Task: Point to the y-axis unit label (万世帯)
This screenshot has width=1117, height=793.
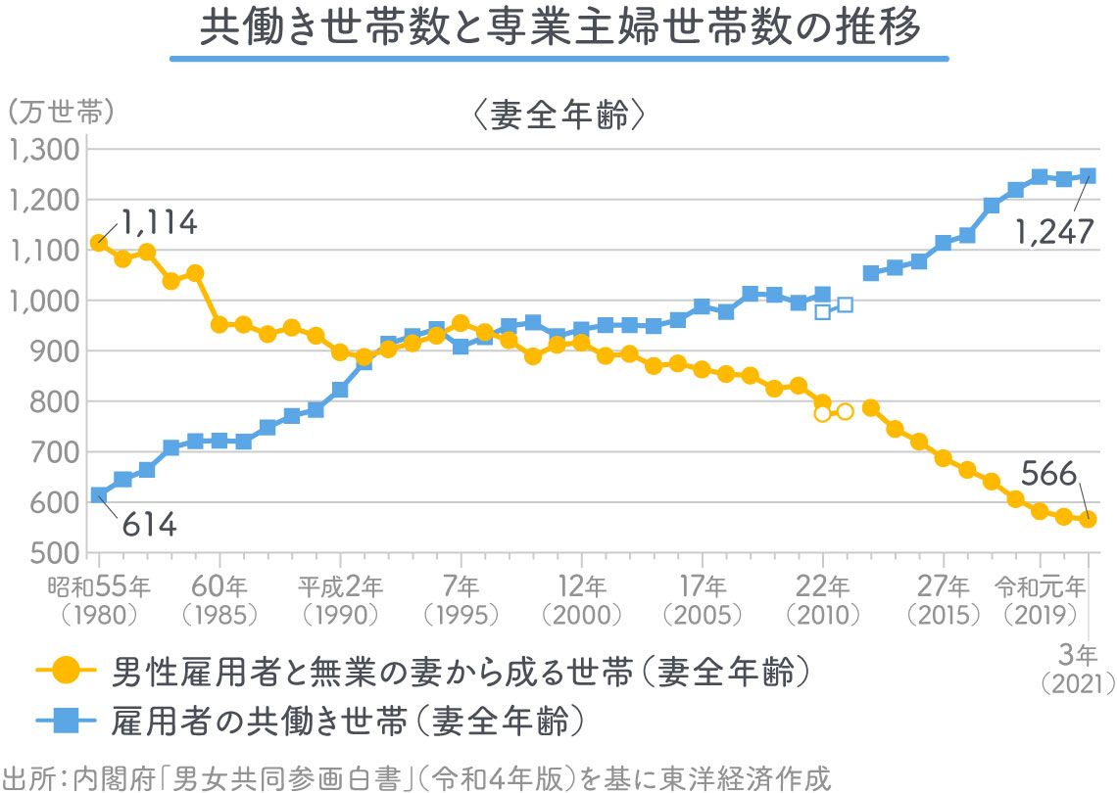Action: pyautogui.click(x=61, y=112)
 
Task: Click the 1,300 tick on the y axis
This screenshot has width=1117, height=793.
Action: pyautogui.click(x=43, y=150)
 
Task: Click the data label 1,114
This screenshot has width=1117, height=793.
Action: pyautogui.click(x=158, y=223)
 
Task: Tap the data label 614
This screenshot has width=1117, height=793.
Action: pyautogui.click(x=149, y=526)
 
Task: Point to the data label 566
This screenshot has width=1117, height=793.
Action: pyautogui.click(x=1048, y=474)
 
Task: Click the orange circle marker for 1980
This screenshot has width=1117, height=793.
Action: pyautogui.click(x=98, y=243)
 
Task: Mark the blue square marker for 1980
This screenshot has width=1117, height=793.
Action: pyautogui.click(x=98, y=495)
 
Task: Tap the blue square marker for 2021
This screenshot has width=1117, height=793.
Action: pyautogui.click(x=1088, y=176)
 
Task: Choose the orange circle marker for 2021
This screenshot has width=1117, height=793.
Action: pyautogui.click(x=1088, y=520)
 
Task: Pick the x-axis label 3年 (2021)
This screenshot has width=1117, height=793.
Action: pyautogui.click(x=1079, y=668)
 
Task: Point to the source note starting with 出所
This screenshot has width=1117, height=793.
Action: pyautogui.click(x=416, y=778)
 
